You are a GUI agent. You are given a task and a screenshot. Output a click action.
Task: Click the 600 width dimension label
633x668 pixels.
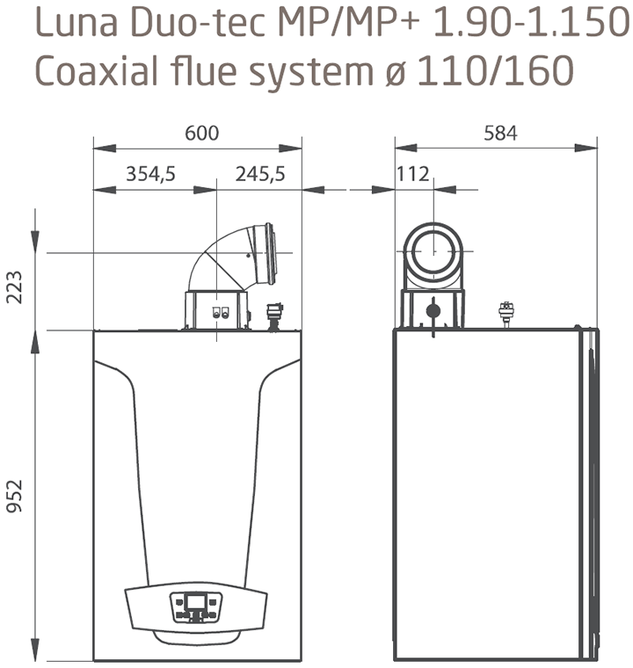(x=201, y=133)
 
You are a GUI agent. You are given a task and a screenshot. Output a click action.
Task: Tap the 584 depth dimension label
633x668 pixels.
(x=500, y=133)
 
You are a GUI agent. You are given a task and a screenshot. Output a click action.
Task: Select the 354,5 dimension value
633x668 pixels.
(x=150, y=174)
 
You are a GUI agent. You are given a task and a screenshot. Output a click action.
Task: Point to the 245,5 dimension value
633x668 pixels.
(x=260, y=174)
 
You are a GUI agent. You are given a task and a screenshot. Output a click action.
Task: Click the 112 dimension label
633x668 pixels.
(x=412, y=174)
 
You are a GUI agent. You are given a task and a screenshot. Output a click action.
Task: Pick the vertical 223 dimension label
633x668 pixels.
(x=14, y=287)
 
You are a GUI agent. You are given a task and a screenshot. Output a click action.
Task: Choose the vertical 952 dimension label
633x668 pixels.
(x=14, y=496)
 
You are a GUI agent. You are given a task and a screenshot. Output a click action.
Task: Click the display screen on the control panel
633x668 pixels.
(x=196, y=602)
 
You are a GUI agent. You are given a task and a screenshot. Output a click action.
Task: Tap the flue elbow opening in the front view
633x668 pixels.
(x=269, y=253)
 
